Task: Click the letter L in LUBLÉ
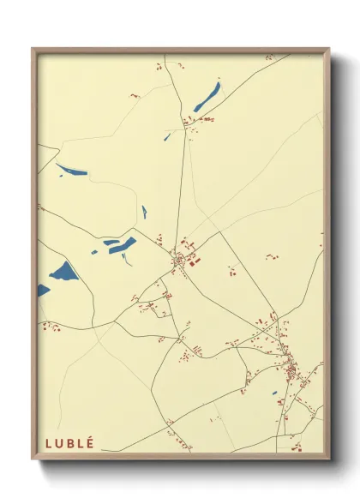point(48,443)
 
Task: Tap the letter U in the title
point(59,443)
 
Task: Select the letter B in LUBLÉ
point(70,443)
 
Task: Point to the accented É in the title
point(91,442)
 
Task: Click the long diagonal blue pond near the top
point(207,98)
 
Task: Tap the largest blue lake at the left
point(63,273)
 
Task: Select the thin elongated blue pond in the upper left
point(72,169)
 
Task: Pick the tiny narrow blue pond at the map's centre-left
point(143,212)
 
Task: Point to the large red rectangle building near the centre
point(191,262)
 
